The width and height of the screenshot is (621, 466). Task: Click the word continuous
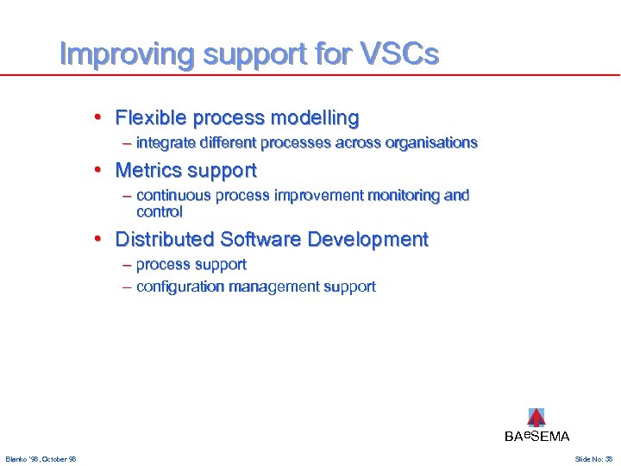pos(173,195)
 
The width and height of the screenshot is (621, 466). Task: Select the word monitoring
pos(404,195)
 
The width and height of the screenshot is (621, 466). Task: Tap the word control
pos(159,211)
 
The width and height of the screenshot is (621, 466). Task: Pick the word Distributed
pos(164,239)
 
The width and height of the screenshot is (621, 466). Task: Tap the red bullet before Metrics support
pos(99,170)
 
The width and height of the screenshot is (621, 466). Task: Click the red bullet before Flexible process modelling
pos(99,117)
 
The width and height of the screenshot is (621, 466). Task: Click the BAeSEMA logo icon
pos(536,418)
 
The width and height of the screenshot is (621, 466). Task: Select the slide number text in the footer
pos(593,458)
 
